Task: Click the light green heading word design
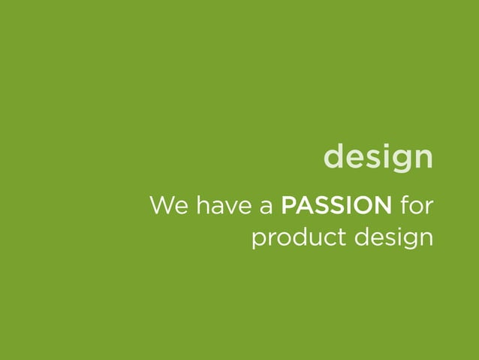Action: coord(378,157)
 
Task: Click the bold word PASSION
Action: coord(336,204)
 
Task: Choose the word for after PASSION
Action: coord(417,204)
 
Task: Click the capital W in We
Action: coord(162,204)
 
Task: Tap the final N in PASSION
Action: coord(382,204)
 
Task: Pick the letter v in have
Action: coord(230,207)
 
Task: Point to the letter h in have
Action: coord(200,204)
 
